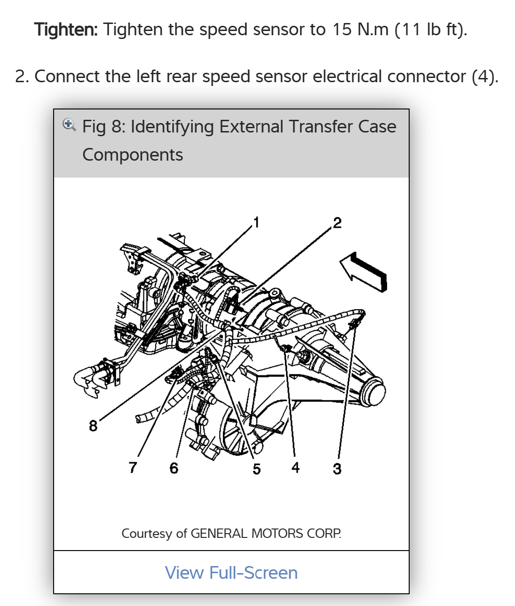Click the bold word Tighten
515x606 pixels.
point(66,30)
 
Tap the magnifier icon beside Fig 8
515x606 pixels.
point(69,125)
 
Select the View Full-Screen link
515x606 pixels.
point(231,573)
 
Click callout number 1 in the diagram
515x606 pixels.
point(256,222)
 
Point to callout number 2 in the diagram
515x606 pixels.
point(337,222)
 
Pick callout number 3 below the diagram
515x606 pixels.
point(337,468)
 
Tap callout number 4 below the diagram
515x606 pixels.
point(295,467)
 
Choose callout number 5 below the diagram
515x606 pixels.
point(256,469)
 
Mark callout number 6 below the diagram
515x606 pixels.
point(174,468)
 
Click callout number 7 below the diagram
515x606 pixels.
point(133,467)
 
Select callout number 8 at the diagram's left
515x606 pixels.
point(93,426)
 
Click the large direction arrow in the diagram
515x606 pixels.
point(364,272)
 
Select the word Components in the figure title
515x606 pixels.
point(133,155)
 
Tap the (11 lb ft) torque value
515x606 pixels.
point(430,30)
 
